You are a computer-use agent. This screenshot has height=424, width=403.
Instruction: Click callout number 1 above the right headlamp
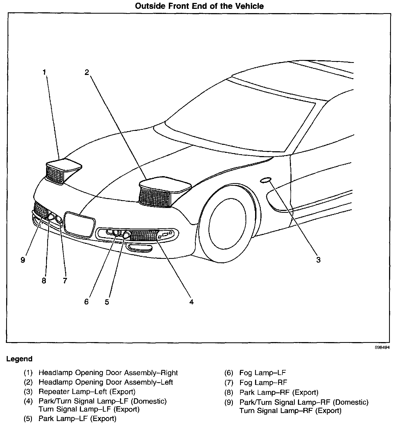(44, 72)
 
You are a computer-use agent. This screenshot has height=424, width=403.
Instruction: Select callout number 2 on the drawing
(87, 72)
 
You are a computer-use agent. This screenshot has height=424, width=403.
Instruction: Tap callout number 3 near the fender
(318, 260)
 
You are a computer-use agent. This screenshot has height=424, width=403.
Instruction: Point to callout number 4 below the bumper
(191, 302)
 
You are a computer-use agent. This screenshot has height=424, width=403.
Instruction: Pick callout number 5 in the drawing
(107, 302)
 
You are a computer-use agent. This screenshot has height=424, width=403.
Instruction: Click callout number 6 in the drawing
(86, 302)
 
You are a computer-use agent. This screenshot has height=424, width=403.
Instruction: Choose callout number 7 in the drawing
(65, 281)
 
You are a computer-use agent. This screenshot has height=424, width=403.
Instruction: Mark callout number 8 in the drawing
(44, 281)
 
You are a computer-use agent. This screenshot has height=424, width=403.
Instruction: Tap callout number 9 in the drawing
(23, 260)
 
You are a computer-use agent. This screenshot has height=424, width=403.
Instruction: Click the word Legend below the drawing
(19, 359)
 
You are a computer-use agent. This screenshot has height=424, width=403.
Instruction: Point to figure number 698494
(382, 347)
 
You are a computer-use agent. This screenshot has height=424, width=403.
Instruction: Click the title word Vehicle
(249, 6)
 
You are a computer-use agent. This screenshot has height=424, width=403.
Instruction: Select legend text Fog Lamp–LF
(263, 373)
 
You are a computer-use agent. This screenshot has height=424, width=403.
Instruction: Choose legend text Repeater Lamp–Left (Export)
(87, 392)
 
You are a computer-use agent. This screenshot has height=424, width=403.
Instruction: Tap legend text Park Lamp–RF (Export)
(279, 392)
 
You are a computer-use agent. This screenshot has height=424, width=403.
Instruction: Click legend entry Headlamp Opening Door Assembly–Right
(108, 373)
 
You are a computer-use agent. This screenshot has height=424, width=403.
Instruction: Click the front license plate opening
(80, 224)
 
